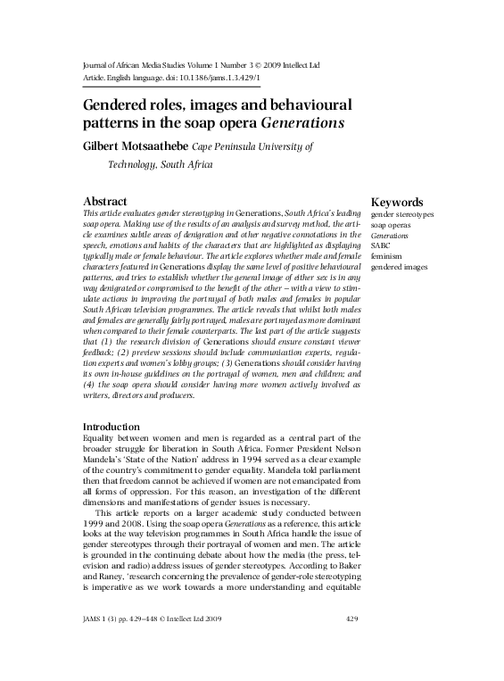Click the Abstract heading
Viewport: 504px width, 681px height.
(x=104, y=202)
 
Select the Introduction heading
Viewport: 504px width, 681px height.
(x=111, y=427)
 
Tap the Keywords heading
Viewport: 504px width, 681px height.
(x=397, y=203)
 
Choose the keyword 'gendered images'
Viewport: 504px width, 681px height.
(x=400, y=267)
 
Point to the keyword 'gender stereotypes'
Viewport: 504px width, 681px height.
(x=402, y=216)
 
